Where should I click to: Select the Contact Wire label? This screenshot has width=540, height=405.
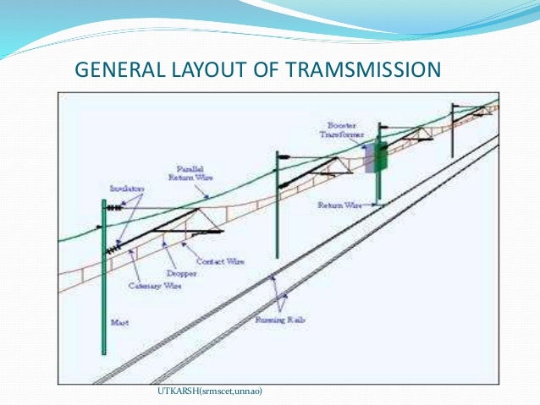pyautogui.click(x=224, y=262)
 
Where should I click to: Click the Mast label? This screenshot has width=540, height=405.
pyautogui.click(x=118, y=322)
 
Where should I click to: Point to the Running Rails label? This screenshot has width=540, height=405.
pyautogui.click(x=279, y=320)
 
